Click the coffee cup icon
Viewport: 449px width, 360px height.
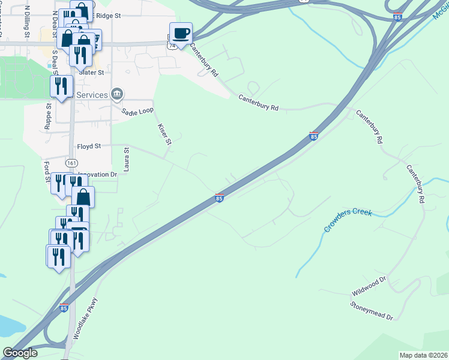pos(181,33)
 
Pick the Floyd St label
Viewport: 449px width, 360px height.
pos(89,146)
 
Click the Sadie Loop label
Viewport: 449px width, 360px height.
pos(137,112)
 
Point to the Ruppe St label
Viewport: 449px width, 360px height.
pos(48,116)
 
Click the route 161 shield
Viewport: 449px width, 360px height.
pos(72,163)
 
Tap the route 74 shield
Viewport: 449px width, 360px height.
pos(172,46)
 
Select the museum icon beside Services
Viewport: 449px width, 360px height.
pos(118,94)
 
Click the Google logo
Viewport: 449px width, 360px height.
pos(20,353)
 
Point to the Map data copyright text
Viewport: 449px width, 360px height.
pos(423,355)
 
